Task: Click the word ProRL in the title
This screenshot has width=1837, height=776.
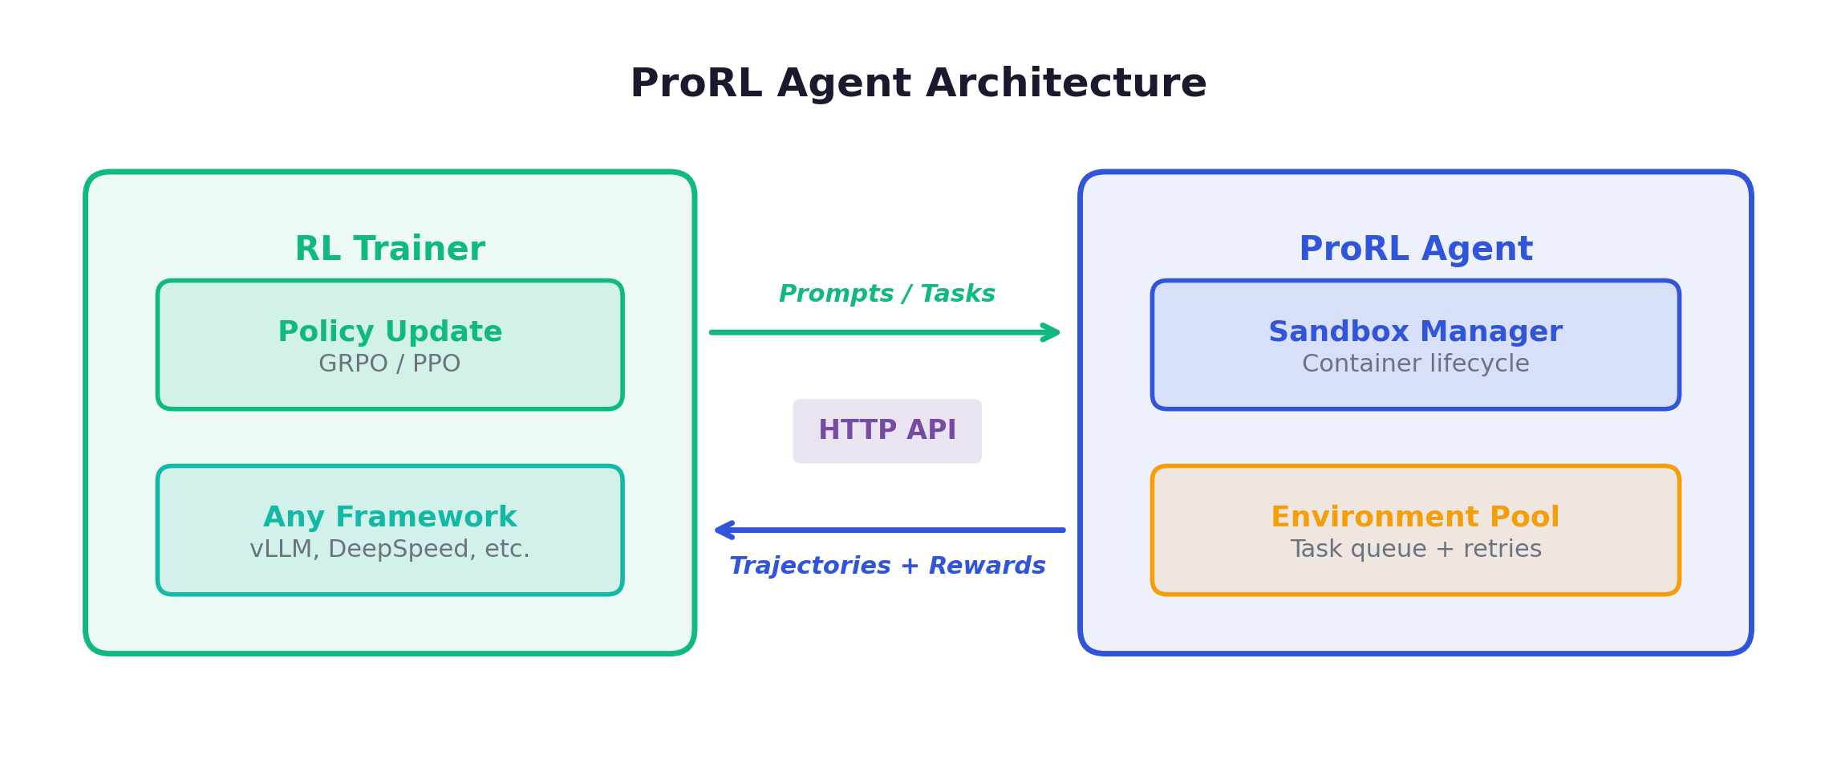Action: [695, 83]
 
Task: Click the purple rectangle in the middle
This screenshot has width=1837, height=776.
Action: [887, 431]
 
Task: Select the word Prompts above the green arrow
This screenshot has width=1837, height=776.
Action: [836, 294]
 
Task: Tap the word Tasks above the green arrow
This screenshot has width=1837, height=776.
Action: [957, 294]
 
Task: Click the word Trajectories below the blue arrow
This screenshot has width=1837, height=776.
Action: [809, 566]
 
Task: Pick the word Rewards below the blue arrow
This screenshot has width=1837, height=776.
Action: [987, 566]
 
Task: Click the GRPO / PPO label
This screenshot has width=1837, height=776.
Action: [390, 364]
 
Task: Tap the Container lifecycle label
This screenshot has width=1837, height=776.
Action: [1415, 364]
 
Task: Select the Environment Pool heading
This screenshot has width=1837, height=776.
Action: [1415, 517]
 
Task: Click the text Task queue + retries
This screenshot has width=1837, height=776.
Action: [1415, 549]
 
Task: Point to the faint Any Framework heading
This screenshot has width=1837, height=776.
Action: [390, 517]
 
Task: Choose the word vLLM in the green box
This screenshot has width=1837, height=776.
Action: [280, 549]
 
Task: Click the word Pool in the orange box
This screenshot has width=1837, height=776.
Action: [1524, 517]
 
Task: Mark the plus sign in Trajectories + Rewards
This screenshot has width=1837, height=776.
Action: [910, 566]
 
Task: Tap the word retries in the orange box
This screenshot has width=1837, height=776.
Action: [1502, 549]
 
